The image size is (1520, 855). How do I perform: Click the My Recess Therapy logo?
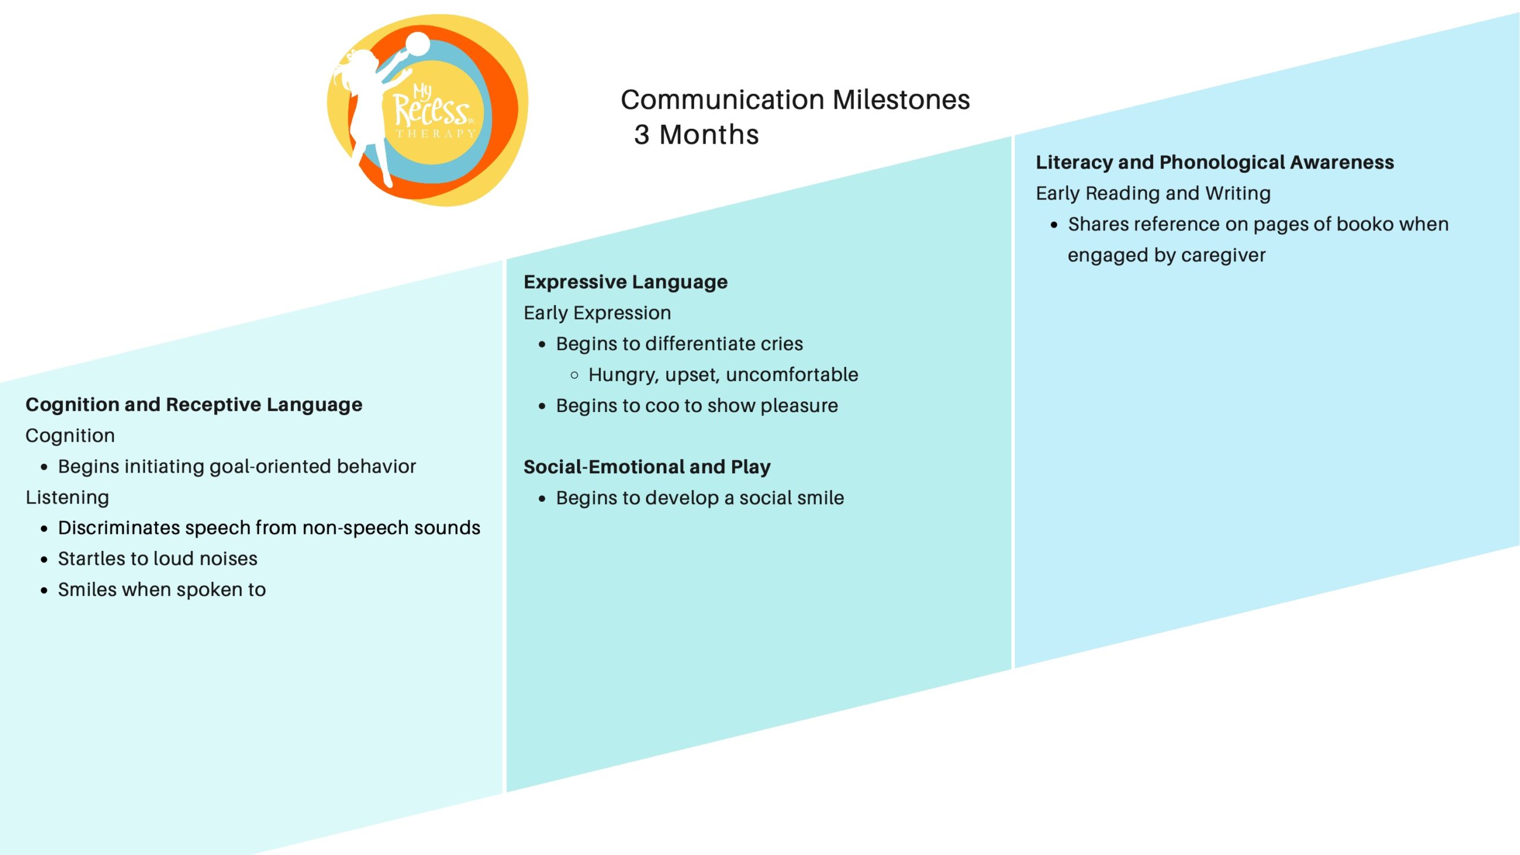tap(427, 110)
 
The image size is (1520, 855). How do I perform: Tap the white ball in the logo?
tap(417, 44)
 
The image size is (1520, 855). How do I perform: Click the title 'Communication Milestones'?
tap(795, 100)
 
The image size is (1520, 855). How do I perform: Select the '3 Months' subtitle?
tap(696, 135)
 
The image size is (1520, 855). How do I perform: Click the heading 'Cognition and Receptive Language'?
tap(194, 405)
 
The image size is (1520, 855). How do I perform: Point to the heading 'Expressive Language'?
tap(625, 282)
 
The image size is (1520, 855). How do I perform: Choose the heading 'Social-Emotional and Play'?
tap(647, 467)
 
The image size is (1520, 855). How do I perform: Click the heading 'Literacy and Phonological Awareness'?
tap(1215, 162)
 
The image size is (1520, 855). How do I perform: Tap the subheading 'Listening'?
tap(67, 498)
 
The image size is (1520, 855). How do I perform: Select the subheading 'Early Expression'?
tap(597, 313)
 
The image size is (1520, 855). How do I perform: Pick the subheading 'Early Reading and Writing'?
tap(1153, 194)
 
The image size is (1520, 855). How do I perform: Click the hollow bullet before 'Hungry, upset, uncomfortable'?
tap(574, 375)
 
